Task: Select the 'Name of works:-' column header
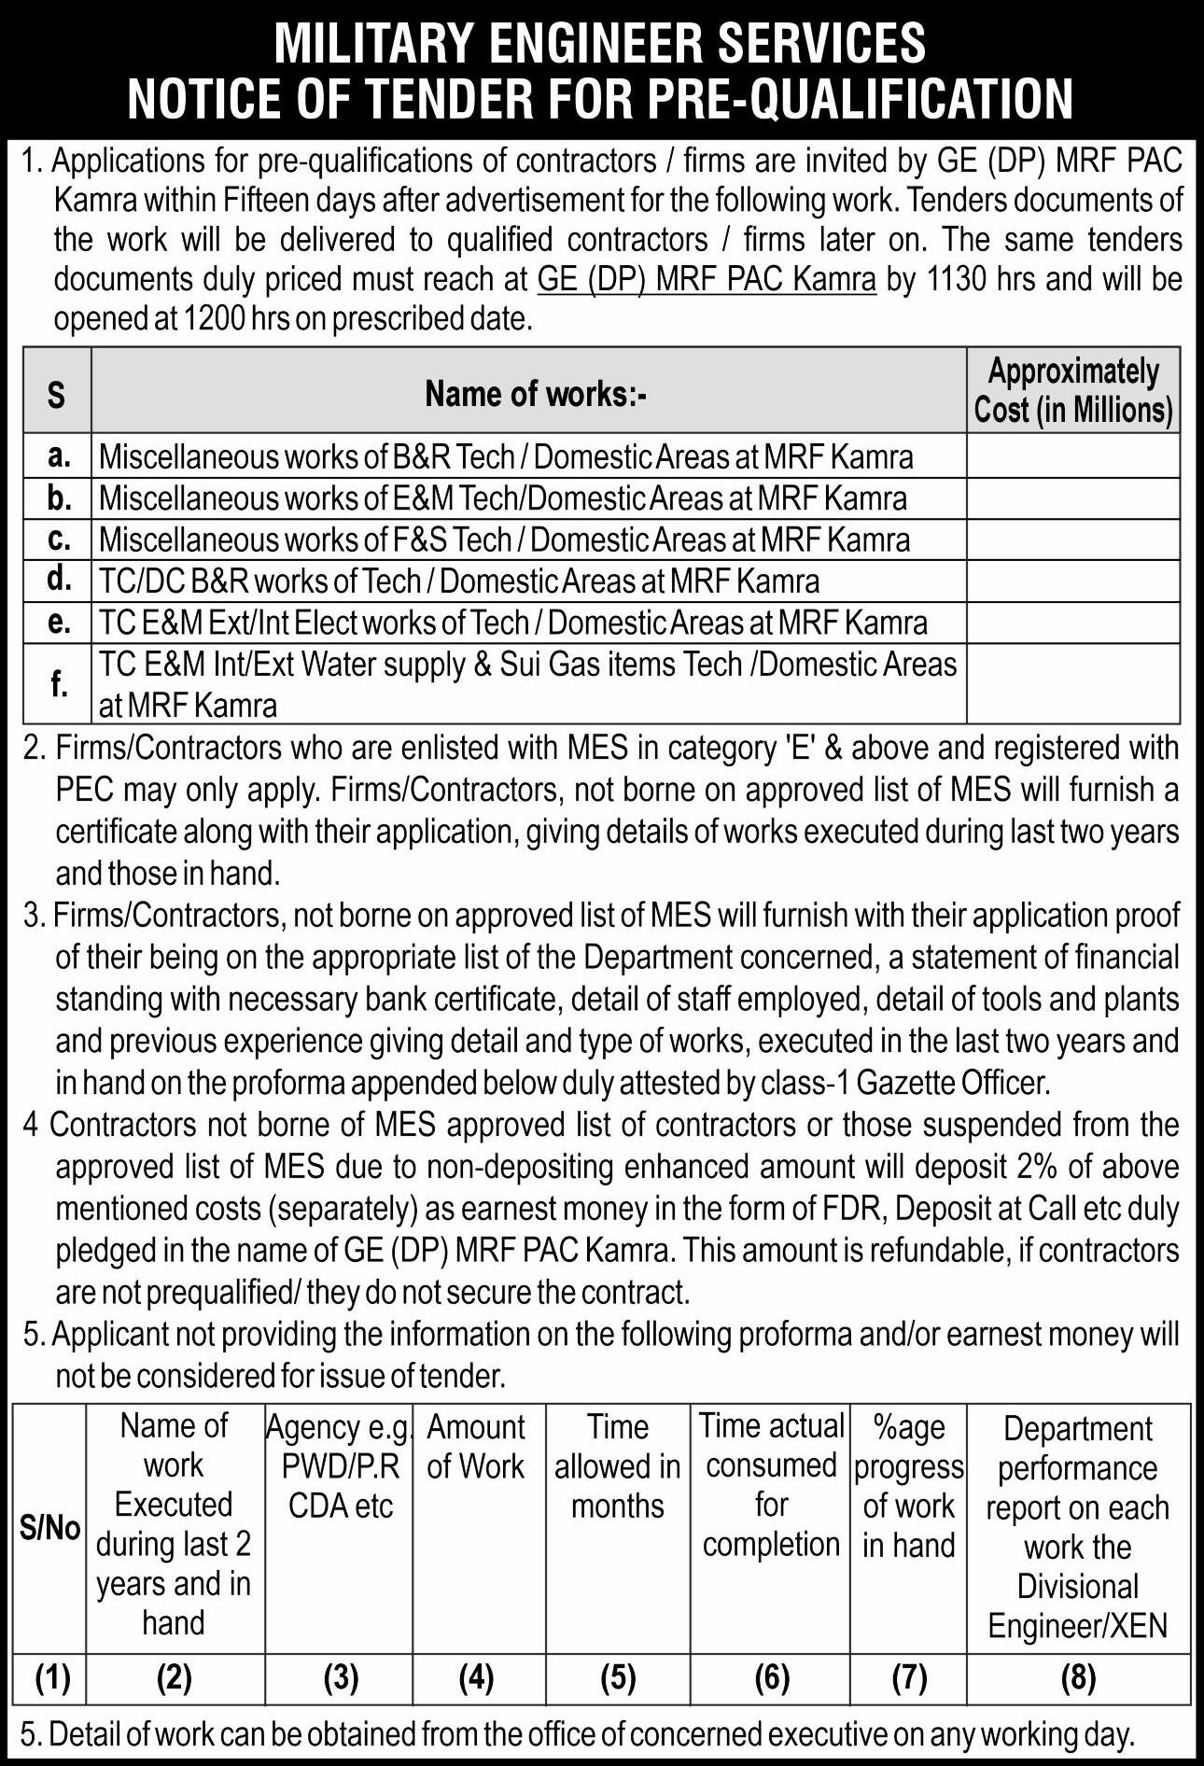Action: tap(536, 394)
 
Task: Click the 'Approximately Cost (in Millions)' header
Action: tap(1073, 391)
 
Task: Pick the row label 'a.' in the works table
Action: tap(58, 456)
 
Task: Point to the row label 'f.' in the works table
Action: tap(59, 684)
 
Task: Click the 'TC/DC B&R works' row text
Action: tap(458, 582)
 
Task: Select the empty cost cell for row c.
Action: tap(1073, 540)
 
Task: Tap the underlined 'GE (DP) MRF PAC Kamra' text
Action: tap(707, 279)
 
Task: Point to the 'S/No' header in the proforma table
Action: tap(50, 1529)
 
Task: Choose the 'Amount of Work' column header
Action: tap(476, 1446)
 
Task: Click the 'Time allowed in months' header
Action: tap(617, 1465)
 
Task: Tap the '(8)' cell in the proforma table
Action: tap(1078, 1678)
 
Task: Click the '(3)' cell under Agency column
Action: tap(341, 1678)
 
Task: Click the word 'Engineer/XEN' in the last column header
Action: tap(1078, 1625)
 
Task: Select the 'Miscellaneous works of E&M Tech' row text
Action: tap(502, 498)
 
